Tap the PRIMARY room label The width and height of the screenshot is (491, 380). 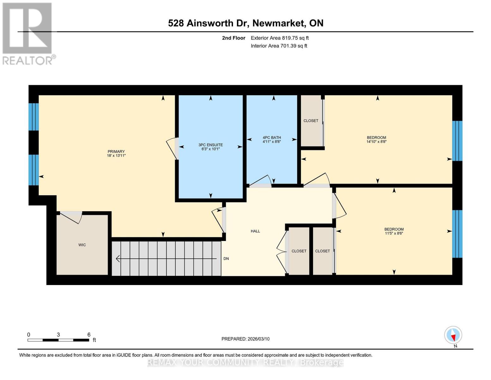pos(116,151)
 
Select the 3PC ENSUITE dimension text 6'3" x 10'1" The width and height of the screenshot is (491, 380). pos(211,149)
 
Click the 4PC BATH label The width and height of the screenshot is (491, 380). pos(272,137)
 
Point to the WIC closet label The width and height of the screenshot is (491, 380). pos(82,245)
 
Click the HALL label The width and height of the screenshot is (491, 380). pos(255,231)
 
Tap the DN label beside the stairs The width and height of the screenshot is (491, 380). pos(226,259)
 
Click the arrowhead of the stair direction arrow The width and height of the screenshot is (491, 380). pos(118,259)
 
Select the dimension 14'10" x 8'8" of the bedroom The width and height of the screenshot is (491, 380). pos(376,142)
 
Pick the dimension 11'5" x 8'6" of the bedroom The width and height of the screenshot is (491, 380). pos(394,233)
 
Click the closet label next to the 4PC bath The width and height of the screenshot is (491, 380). pos(311,121)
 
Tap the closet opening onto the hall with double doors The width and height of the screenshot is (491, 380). pos(299,251)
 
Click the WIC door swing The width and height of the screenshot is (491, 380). pos(71,217)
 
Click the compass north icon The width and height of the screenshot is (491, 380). pos(453,335)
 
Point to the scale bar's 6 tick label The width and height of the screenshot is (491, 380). pos(89,335)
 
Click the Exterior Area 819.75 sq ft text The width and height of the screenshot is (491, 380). pos(279,38)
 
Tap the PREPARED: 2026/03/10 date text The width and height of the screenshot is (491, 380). pos(245,339)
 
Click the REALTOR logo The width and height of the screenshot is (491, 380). pos(28,33)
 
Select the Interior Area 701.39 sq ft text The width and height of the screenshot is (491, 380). pos(279,46)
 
